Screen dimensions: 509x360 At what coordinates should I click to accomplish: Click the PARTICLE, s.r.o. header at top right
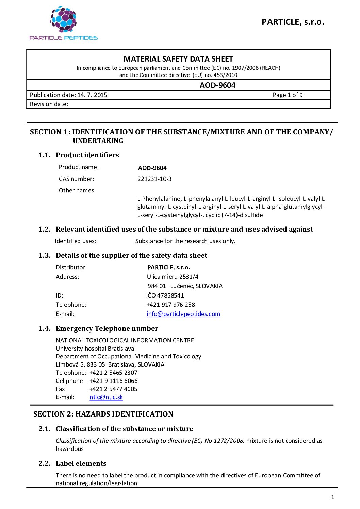coord(293,22)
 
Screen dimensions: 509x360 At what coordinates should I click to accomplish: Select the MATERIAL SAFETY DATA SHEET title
coord(178,59)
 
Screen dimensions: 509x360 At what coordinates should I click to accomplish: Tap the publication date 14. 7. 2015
coord(92,95)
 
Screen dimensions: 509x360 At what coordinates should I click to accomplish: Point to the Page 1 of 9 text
coord(288,95)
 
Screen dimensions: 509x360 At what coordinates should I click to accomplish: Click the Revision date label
coord(49,104)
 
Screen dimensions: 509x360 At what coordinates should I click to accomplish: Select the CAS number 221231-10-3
coord(154,179)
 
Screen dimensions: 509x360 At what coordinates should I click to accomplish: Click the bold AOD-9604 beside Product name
coord(152,168)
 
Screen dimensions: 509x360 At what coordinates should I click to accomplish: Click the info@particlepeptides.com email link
coord(183,314)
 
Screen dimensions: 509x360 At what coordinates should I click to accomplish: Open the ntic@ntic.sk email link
coord(106,397)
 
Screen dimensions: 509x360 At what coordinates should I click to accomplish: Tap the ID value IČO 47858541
coord(165,295)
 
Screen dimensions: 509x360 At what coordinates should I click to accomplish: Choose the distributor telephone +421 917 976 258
coord(171,305)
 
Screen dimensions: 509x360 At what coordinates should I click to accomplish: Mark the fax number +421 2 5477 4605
coord(113,389)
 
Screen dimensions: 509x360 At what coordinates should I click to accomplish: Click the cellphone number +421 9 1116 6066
coord(114,381)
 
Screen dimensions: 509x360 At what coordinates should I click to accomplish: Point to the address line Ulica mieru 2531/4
coord(173,277)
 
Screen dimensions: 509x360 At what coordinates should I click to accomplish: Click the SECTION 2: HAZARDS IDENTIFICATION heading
coord(103,414)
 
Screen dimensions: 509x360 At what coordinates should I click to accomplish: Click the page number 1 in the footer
coord(333,497)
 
